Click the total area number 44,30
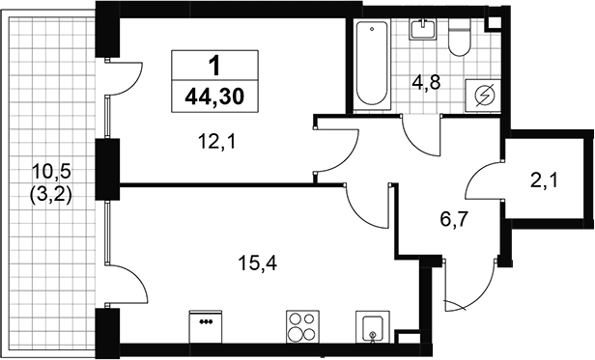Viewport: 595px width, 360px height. pyautogui.click(x=214, y=97)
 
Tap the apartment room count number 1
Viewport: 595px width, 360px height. pyautogui.click(x=214, y=66)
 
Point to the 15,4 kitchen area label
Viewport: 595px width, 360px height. pyautogui.click(x=258, y=263)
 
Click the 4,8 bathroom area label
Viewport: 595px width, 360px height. pyautogui.click(x=426, y=83)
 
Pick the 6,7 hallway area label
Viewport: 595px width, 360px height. pyautogui.click(x=454, y=219)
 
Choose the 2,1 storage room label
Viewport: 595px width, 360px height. pyautogui.click(x=544, y=180)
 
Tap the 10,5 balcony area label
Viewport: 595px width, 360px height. pyautogui.click(x=51, y=173)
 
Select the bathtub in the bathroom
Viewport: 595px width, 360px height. pyautogui.click(x=372, y=65)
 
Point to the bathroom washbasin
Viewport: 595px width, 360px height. pyautogui.click(x=422, y=29)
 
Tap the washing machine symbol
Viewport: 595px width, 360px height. pyautogui.click(x=483, y=96)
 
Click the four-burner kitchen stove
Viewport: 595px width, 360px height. pyautogui.click(x=302, y=326)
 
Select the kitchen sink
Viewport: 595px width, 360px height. pyautogui.click(x=373, y=327)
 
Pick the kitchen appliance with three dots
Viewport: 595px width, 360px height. pyautogui.click(x=206, y=326)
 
